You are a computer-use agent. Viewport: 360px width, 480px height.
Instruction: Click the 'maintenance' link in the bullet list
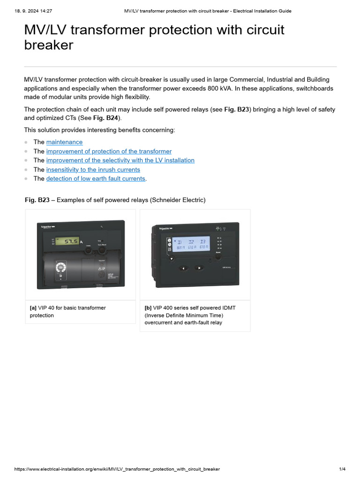(64, 142)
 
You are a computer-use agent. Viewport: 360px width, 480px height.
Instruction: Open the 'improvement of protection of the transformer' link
(109, 151)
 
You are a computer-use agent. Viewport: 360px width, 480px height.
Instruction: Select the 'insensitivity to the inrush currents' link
(93, 170)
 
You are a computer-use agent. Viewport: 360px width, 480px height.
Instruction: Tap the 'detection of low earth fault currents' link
(96, 179)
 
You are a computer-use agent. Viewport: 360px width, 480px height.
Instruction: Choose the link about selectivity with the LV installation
(120, 160)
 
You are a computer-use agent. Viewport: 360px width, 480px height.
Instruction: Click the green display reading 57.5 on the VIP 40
(71, 241)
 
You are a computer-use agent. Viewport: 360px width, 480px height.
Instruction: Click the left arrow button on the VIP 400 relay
(183, 268)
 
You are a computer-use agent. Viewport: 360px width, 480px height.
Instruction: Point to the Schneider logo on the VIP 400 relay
(166, 228)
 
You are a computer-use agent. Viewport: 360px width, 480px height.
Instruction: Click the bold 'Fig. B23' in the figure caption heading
(37, 200)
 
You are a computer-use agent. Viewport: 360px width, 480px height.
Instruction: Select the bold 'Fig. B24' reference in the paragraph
(106, 119)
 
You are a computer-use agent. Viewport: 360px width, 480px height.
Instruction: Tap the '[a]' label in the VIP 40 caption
(33, 308)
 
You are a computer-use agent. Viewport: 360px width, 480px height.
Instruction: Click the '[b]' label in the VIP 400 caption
(148, 308)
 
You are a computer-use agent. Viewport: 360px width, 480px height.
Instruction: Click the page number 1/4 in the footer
(342, 469)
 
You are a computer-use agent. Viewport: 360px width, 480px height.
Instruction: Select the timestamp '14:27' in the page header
(45, 11)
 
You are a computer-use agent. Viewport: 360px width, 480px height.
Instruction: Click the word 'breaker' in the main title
(49, 45)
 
